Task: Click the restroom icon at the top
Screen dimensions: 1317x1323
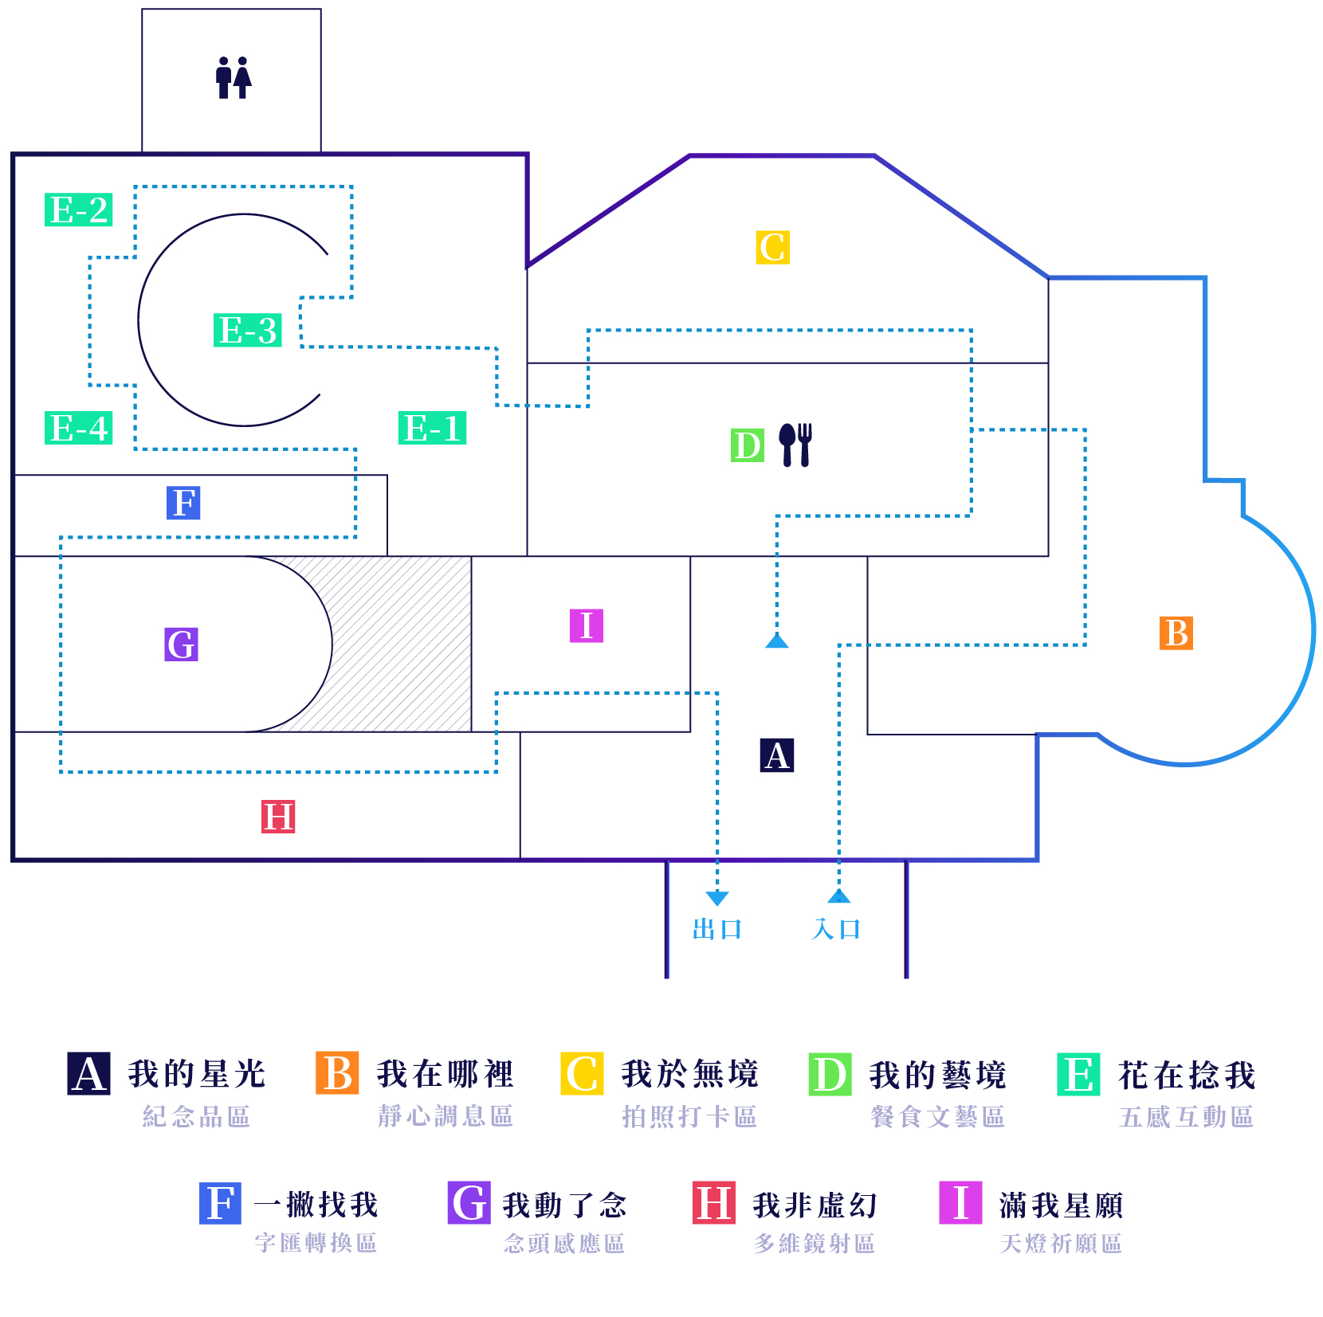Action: pyautogui.click(x=233, y=77)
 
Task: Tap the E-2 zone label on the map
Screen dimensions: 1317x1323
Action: pyautogui.click(x=78, y=210)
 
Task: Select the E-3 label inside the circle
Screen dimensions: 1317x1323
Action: pyautogui.click(x=247, y=330)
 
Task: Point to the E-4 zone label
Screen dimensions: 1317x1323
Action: pyautogui.click(x=78, y=428)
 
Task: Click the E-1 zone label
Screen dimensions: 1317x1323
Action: pyautogui.click(x=432, y=428)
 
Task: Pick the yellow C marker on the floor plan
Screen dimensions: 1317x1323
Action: pyautogui.click(x=772, y=247)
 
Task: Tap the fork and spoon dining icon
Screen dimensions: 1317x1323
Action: pyautogui.click(x=795, y=444)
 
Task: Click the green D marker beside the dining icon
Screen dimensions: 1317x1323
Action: pyautogui.click(x=748, y=445)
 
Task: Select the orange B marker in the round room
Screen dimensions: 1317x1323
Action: pyautogui.click(x=1176, y=633)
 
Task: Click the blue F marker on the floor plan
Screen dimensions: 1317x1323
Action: pyautogui.click(x=183, y=503)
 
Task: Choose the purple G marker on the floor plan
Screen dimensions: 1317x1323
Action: pyautogui.click(x=182, y=644)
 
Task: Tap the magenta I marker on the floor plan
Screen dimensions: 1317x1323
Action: pyautogui.click(x=587, y=625)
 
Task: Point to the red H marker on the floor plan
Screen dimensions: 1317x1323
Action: pyautogui.click(x=278, y=817)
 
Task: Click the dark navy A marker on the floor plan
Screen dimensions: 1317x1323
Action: pyautogui.click(x=777, y=755)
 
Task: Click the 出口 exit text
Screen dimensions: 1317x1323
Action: pyautogui.click(x=717, y=929)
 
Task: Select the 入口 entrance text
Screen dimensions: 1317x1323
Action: pyautogui.click(x=837, y=929)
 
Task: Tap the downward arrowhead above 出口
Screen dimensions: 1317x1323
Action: pyautogui.click(x=717, y=898)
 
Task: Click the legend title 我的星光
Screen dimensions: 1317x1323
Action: pyautogui.click(x=197, y=1074)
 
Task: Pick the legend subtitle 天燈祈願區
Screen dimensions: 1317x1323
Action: pyautogui.click(x=1061, y=1244)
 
